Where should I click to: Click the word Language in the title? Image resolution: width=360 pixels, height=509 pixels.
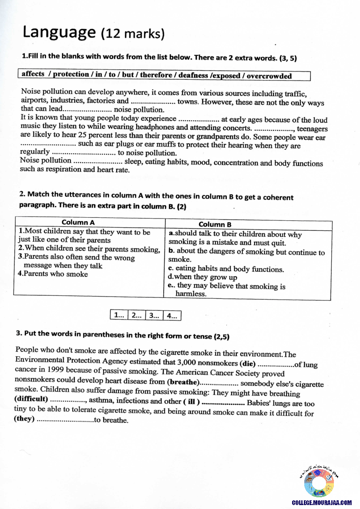point(59,32)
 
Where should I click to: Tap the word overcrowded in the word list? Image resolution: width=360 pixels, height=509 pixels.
point(269,76)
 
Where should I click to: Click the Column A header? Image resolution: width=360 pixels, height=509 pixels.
point(78,222)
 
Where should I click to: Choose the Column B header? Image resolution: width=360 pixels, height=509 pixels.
point(215,224)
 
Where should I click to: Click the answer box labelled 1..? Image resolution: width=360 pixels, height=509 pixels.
point(119,315)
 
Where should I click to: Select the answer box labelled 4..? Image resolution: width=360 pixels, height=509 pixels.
point(172,316)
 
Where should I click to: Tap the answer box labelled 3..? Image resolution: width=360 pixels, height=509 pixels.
point(154,316)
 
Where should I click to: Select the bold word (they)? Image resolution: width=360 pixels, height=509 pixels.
point(24,419)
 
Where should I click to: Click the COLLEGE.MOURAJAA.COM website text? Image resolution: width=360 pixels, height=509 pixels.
point(322,502)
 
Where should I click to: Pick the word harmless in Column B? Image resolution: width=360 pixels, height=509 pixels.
point(191,294)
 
